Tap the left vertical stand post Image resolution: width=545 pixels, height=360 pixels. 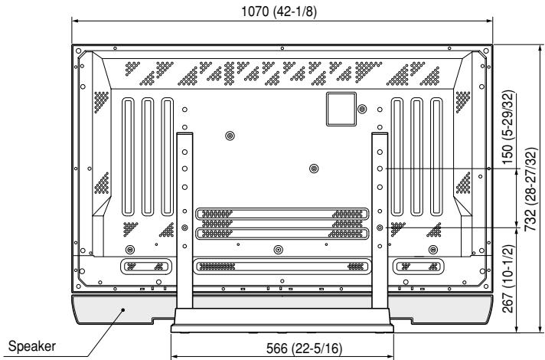pos(184,214)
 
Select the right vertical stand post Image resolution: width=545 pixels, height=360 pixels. pos(379,214)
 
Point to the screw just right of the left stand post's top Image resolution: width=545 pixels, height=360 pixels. pos(230,136)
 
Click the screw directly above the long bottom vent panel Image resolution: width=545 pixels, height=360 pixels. pos(278,250)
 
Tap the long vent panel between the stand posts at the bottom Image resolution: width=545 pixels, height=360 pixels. pos(280,267)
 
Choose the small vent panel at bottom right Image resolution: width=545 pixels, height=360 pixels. pos(417,267)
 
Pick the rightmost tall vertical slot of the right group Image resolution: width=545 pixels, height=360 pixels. pos(436,157)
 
